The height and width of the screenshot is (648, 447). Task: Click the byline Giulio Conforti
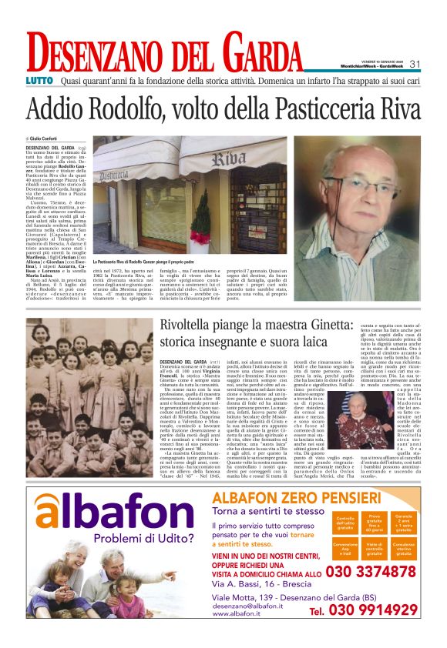pos(48,139)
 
